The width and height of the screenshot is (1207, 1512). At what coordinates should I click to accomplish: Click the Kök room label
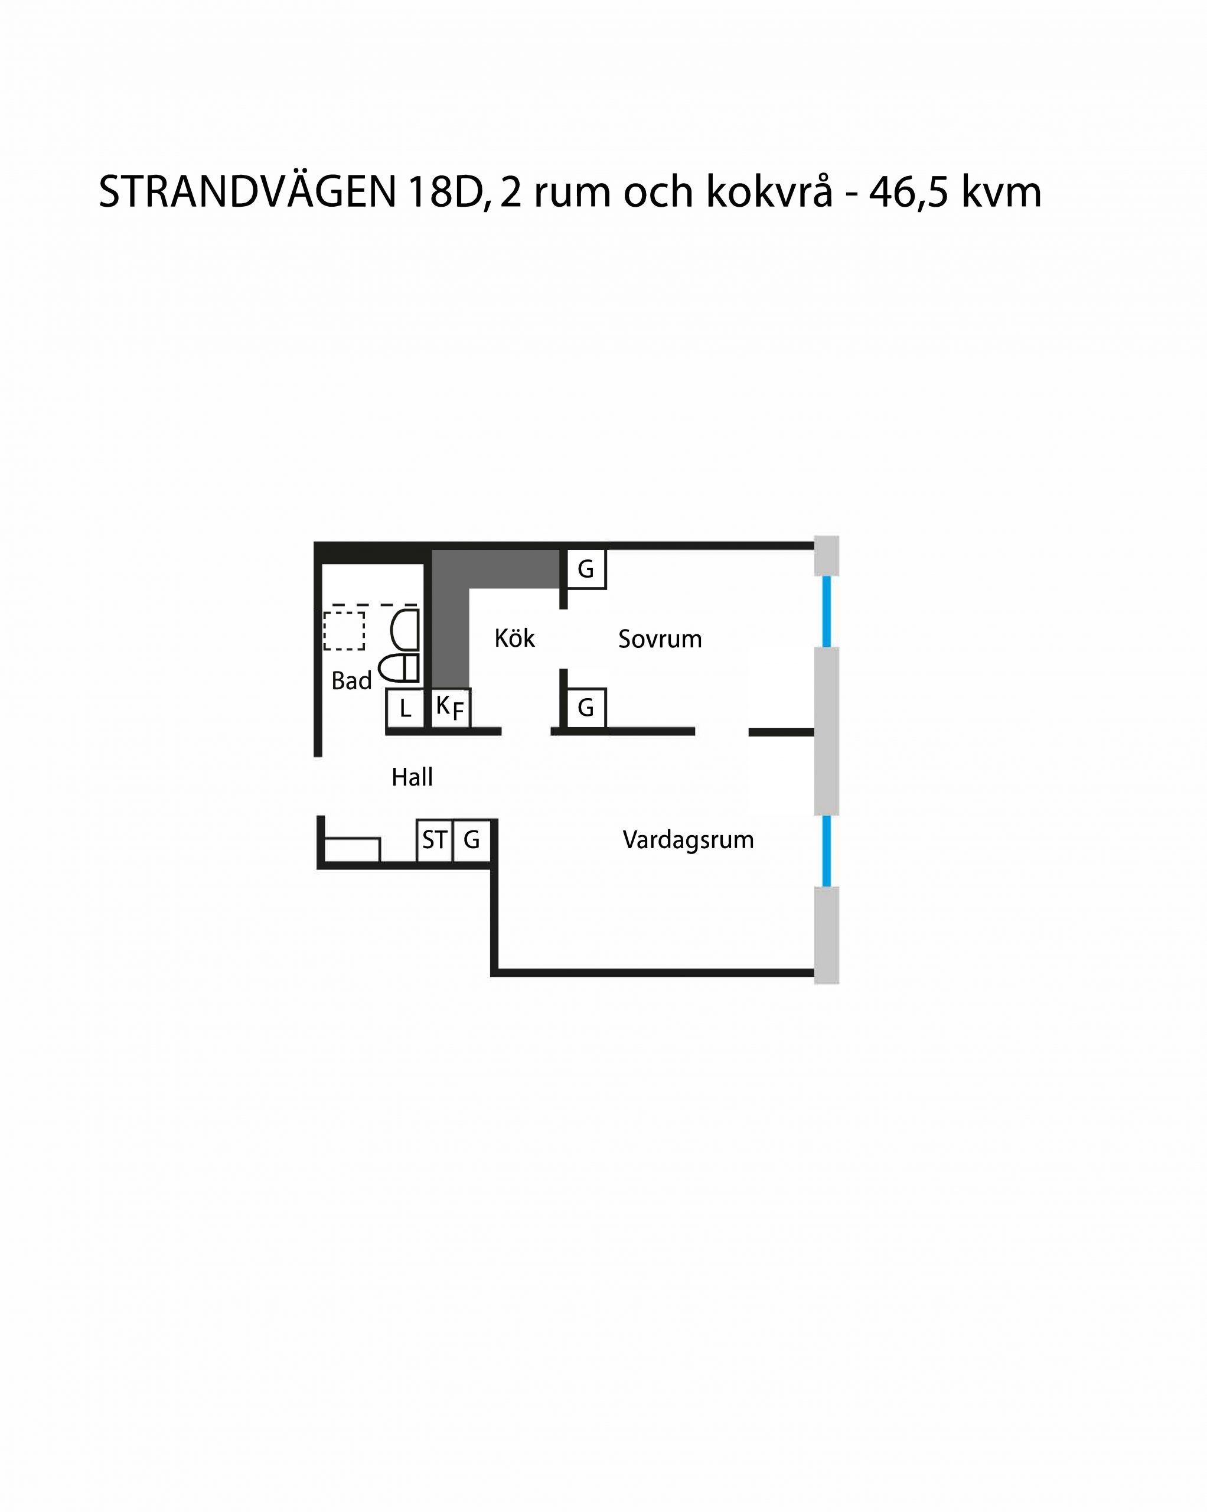point(514,638)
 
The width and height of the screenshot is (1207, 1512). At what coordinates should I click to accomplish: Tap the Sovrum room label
point(660,639)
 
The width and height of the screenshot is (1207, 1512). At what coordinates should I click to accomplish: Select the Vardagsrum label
point(688,840)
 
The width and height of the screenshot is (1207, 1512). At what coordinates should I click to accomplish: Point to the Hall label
point(412,777)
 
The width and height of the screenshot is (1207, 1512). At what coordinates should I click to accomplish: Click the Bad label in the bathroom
point(351,680)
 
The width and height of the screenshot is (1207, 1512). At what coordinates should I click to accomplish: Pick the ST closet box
point(435,839)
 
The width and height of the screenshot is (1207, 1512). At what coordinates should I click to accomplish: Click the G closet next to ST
point(472,839)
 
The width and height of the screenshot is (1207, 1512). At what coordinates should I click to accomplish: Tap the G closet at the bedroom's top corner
point(586,569)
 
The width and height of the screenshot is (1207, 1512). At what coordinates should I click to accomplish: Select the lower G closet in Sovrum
point(586,708)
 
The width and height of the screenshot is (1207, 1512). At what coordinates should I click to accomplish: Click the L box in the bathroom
point(405,709)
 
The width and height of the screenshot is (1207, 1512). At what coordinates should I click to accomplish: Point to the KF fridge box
point(449,708)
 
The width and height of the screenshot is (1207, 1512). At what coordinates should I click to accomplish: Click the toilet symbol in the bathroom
point(399,669)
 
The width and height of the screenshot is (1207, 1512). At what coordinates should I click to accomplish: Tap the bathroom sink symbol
point(404,629)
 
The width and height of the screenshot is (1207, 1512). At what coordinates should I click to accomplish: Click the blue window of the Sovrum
point(827,611)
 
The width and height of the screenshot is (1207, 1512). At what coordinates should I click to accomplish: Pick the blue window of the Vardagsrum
point(827,850)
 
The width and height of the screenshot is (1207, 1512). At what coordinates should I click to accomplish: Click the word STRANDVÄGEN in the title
point(248,191)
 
